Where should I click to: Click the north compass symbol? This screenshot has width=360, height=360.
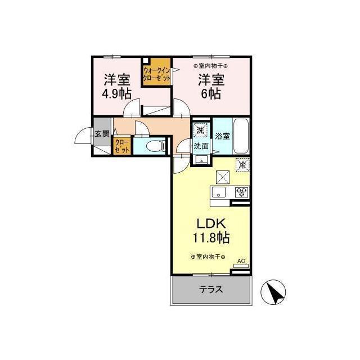274,291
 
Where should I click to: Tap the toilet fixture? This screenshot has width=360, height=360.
153,146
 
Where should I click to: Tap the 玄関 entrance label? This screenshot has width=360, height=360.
102,134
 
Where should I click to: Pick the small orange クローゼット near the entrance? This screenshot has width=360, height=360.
122,146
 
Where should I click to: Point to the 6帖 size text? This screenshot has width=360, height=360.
211,94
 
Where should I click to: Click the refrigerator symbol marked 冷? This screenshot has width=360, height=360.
242,165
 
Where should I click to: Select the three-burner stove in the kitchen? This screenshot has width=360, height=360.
242,192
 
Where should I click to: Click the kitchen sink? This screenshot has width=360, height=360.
218,192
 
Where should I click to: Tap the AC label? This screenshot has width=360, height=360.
241,261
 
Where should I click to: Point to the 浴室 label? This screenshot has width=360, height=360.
222,136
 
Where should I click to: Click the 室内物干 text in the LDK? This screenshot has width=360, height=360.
208,257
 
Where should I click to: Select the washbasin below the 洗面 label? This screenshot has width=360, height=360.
201,160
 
